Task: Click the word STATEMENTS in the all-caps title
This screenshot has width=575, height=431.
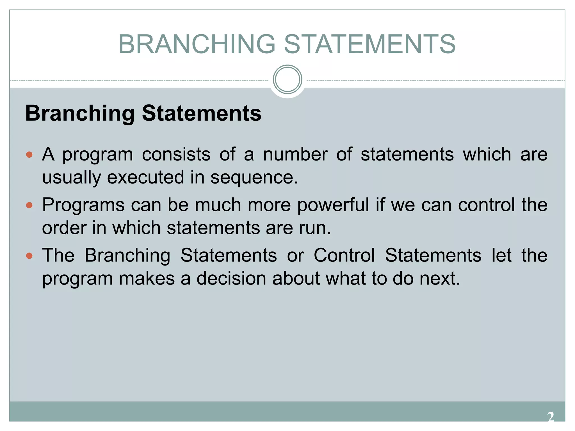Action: point(369,44)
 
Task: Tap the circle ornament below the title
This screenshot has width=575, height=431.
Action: point(287,79)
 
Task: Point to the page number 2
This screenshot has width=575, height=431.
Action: point(551,417)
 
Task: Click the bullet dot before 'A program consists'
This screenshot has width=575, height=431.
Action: point(29,155)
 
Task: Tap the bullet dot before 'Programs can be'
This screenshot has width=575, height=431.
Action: point(29,205)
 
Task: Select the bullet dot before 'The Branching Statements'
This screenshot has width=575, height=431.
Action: point(29,256)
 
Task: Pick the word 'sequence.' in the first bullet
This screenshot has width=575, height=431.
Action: point(254,178)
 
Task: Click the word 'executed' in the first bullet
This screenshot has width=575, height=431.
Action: point(145,178)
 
